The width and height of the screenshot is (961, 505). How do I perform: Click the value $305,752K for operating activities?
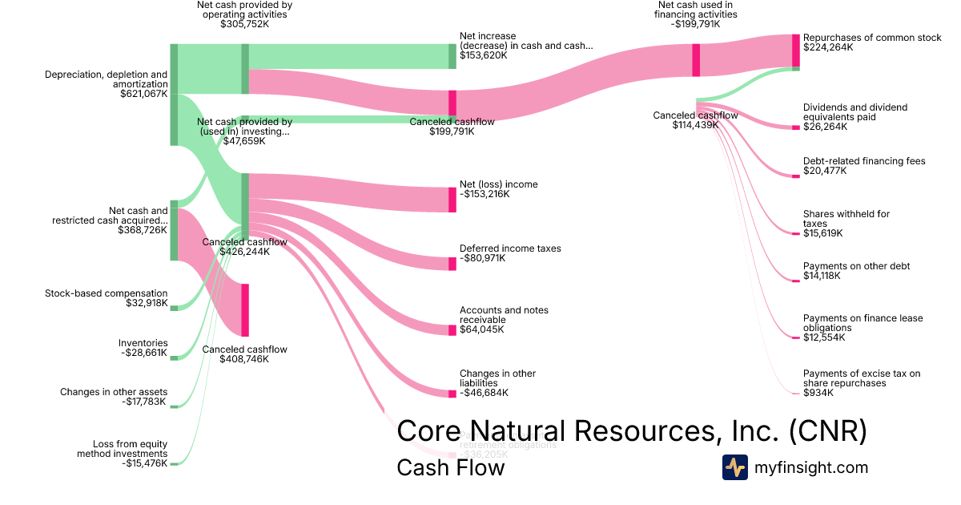(x=244, y=25)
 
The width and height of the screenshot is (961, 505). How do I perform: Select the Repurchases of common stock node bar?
(x=796, y=50)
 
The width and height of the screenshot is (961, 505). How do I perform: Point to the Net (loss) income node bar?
(x=452, y=199)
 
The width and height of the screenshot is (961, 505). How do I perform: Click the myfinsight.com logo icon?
(x=734, y=467)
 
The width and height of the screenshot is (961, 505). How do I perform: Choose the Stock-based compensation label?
(x=107, y=293)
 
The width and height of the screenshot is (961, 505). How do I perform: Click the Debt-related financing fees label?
(x=864, y=161)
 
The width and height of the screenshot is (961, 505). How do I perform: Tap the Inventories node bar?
(x=173, y=358)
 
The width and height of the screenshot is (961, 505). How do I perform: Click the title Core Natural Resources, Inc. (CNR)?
(x=632, y=430)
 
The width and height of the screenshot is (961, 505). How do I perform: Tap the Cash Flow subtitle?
(x=450, y=467)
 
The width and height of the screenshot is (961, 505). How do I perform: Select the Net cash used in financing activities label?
(x=695, y=10)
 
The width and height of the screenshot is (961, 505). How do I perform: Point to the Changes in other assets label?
(x=114, y=392)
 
